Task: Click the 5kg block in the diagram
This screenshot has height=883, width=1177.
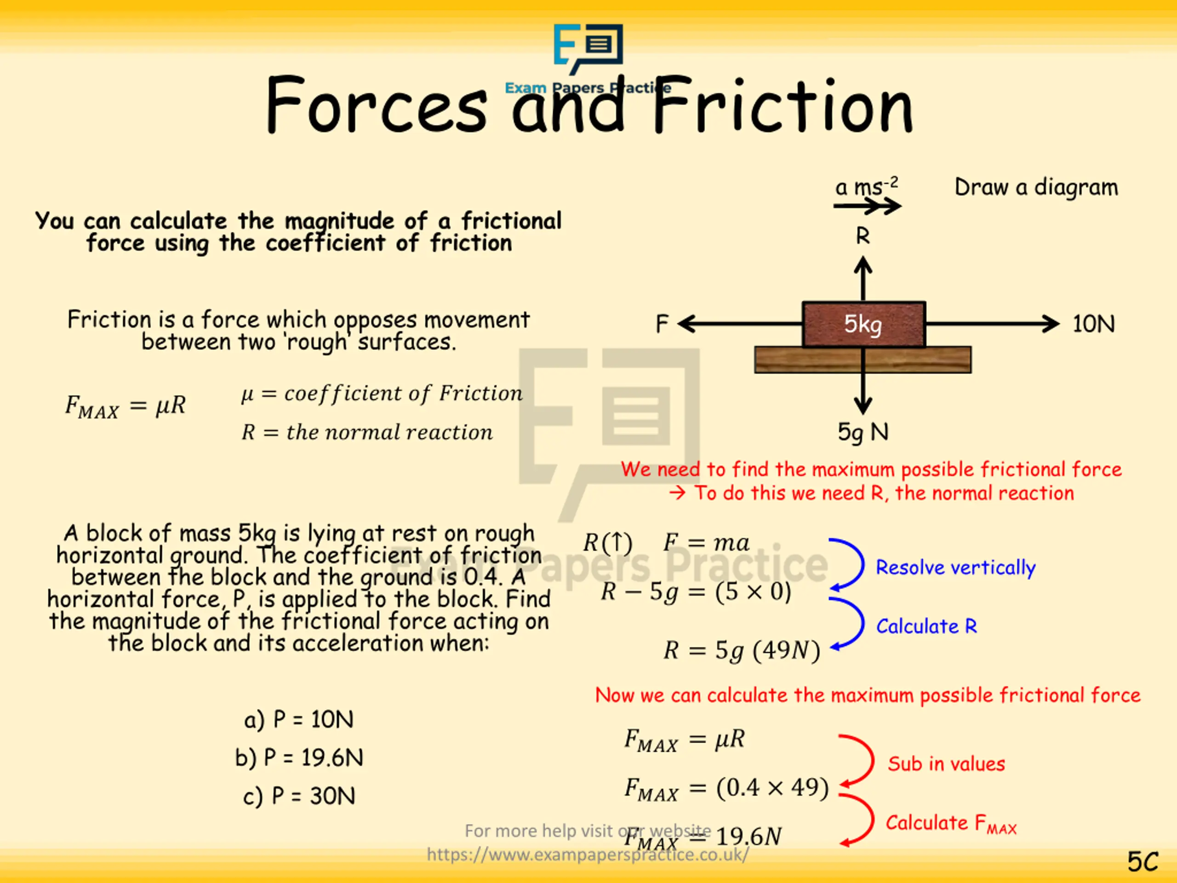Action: click(x=863, y=324)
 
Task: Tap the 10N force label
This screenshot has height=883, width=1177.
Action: click(x=1093, y=324)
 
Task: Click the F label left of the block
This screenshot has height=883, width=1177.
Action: click(x=662, y=324)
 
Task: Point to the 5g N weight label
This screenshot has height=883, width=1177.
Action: click(x=863, y=432)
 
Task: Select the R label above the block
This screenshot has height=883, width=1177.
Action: click(x=863, y=236)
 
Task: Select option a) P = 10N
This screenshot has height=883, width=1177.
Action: click(x=298, y=720)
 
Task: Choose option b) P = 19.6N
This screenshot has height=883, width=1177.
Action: click(x=299, y=758)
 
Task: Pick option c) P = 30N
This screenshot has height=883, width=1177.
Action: click(x=299, y=796)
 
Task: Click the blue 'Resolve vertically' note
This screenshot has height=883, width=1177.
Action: click(x=956, y=568)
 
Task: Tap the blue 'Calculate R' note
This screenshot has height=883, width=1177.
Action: click(x=926, y=626)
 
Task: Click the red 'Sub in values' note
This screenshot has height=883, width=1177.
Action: click(x=946, y=764)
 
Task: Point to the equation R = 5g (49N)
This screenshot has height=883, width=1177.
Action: click(x=742, y=650)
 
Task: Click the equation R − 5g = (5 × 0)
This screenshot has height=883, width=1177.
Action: click(x=696, y=592)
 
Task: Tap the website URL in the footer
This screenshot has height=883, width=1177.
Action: click(x=588, y=854)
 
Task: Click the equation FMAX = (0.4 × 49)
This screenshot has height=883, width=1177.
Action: click(x=726, y=788)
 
